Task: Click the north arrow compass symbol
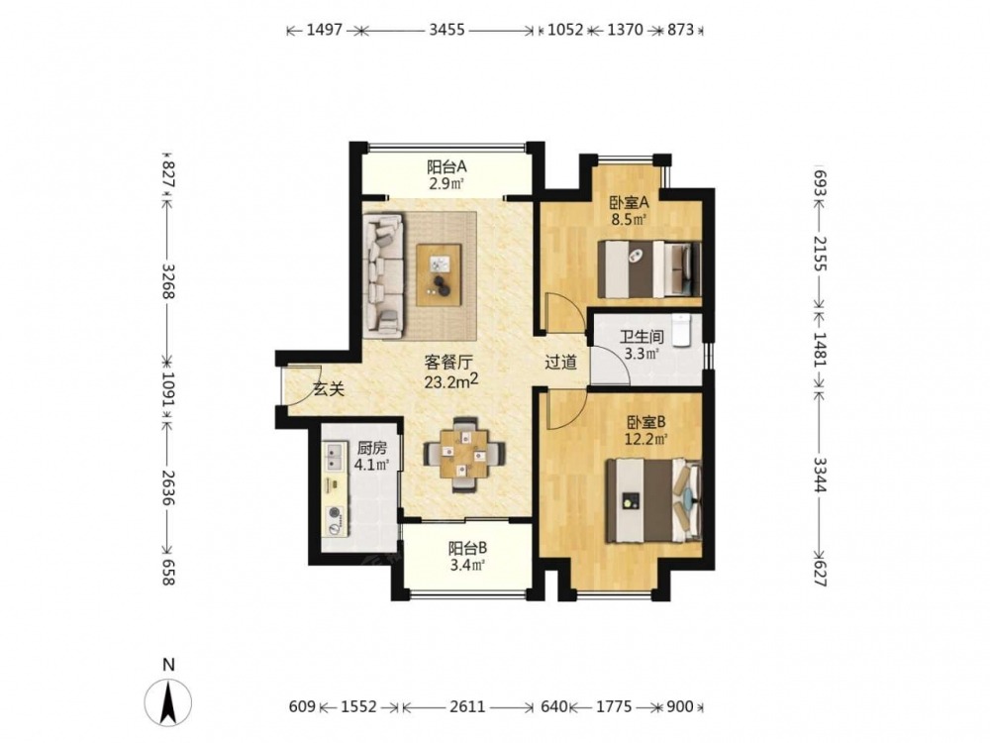[168, 700]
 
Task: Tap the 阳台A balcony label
[446, 167]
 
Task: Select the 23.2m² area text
[450, 381]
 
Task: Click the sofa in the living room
[382, 273]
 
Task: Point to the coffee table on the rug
[439, 274]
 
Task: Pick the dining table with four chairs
[464, 454]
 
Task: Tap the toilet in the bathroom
[682, 330]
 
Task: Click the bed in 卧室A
[649, 269]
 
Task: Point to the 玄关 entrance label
[329, 390]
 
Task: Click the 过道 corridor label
[560, 362]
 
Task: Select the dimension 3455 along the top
[447, 30]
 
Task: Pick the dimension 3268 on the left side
[168, 281]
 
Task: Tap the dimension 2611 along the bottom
[468, 706]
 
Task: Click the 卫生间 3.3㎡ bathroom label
[642, 345]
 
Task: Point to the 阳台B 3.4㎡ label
[467, 556]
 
